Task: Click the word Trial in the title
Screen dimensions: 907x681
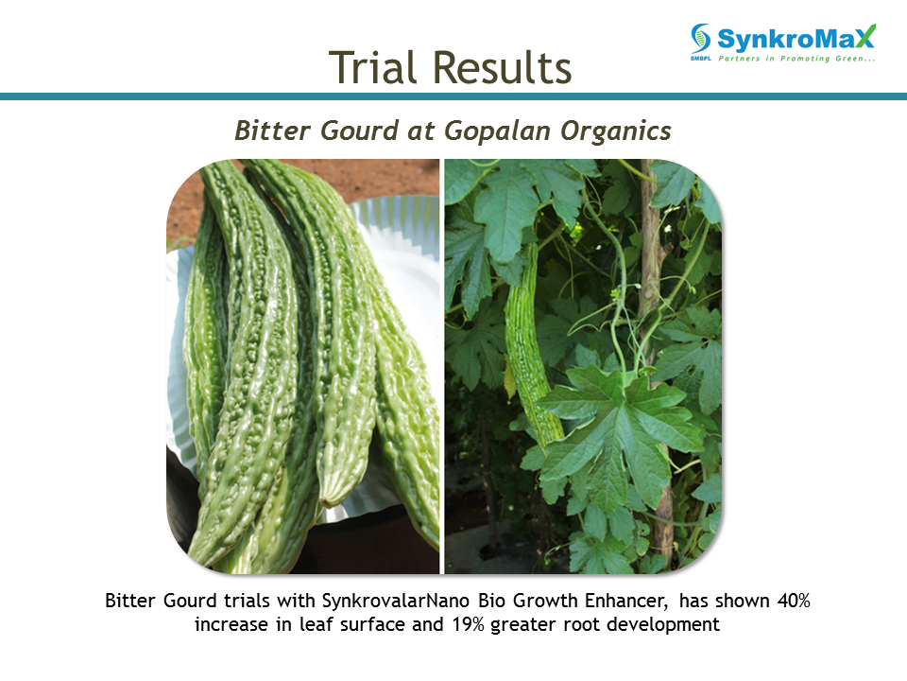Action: pyautogui.click(x=372, y=67)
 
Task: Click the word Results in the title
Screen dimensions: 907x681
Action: pyautogui.click(x=502, y=67)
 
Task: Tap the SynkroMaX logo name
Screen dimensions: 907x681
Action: pyautogui.click(x=796, y=39)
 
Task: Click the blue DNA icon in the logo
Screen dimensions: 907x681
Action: pyautogui.click(x=700, y=39)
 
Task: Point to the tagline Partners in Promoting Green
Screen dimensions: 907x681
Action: pyautogui.click(x=796, y=59)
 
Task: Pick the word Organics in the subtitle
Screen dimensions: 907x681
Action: pyautogui.click(x=615, y=131)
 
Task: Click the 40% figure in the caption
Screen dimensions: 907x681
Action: pyautogui.click(x=794, y=601)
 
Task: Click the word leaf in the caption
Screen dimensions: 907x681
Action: pyautogui.click(x=313, y=624)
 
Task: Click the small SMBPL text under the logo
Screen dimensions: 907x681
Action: pyautogui.click(x=700, y=59)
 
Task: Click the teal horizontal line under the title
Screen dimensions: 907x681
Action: pyautogui.click(x=453, y=96)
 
